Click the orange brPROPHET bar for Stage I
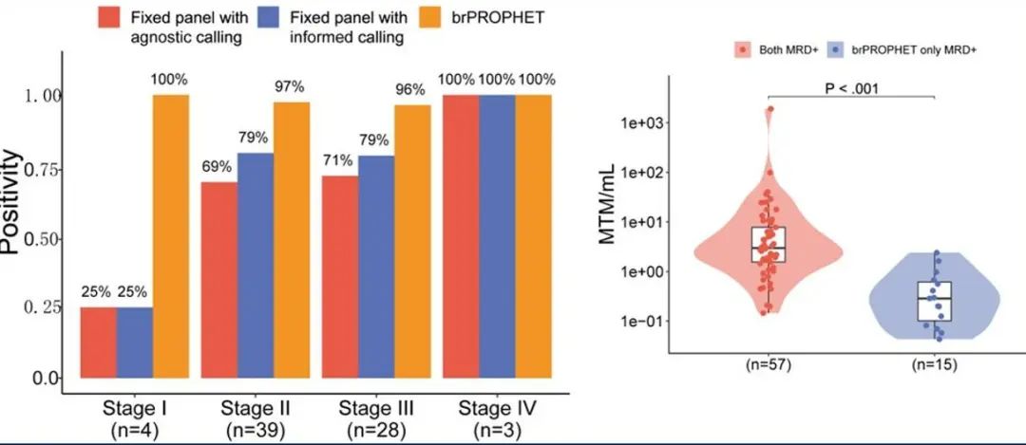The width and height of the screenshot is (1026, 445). point(171,236)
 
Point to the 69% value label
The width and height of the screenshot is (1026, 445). point(217,166)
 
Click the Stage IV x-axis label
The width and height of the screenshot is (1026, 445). point(498,409)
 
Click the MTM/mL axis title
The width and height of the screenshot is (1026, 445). point(608,205)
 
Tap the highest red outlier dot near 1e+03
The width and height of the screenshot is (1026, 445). point(770,108)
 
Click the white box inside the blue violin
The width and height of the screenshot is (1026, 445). point(935,302)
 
